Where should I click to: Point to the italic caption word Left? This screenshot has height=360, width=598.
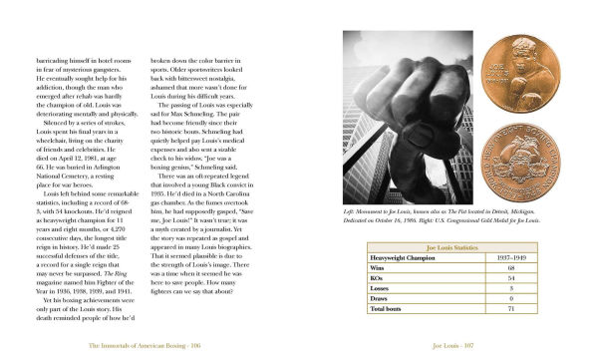[349, 212]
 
